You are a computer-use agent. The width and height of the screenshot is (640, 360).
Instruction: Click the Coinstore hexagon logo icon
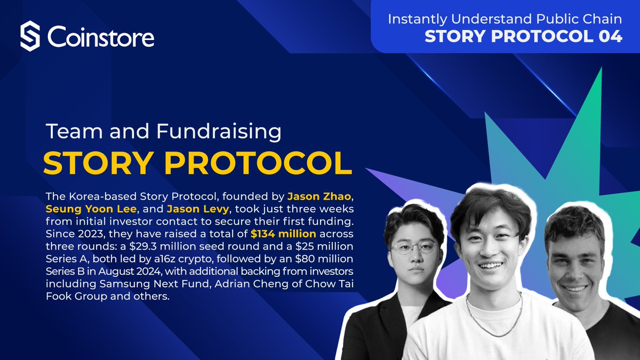pyautogui.click(x=30, y=36)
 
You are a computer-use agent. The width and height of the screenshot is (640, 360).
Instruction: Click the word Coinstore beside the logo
pyautogui.click(x=101, y=37)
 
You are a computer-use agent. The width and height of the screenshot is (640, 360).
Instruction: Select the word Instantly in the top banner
pyautogui.click(x=417, y=19)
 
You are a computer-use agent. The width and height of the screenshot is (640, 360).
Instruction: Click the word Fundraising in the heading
pyautogui.click(x=219, y=132)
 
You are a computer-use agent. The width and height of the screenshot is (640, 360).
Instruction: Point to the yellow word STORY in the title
pyautogui.click(x=97, y=163)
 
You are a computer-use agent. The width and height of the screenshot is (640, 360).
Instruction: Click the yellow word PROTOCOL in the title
pyautogui.click(x=258, y=163)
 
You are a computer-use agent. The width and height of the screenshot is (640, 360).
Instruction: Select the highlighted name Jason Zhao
pyautogui.click(x=319, y=197)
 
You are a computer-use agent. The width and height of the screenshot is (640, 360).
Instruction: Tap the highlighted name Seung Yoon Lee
pyautogui.click(x=91, y=209)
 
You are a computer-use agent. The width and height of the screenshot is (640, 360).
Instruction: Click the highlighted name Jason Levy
pyautogui.click(x=198, y=210)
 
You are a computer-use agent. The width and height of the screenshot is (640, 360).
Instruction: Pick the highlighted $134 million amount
pyautogui.click(x=283, y=234)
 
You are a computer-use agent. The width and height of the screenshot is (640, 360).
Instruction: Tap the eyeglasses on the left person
pyautogui.click(x=414, y=247)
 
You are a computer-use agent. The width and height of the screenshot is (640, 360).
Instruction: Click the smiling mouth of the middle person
pyautogui.click(x=491, y=266)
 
